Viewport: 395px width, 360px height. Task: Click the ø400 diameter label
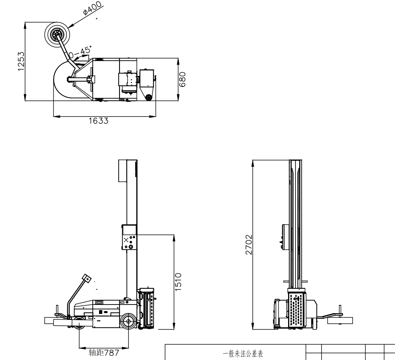(93, 8)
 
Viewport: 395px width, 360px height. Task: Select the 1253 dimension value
(21, 61)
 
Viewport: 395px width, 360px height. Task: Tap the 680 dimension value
(183, 79)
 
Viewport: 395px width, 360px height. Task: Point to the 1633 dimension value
(98, 121)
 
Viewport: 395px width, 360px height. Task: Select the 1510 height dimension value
(178, 282)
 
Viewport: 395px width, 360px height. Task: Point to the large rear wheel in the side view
(128, 322)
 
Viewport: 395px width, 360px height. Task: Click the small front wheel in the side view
(79, 322)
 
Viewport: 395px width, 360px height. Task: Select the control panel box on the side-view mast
(129, 237)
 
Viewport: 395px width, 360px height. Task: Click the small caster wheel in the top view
(149, 98)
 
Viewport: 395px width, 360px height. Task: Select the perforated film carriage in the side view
(149, 309)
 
